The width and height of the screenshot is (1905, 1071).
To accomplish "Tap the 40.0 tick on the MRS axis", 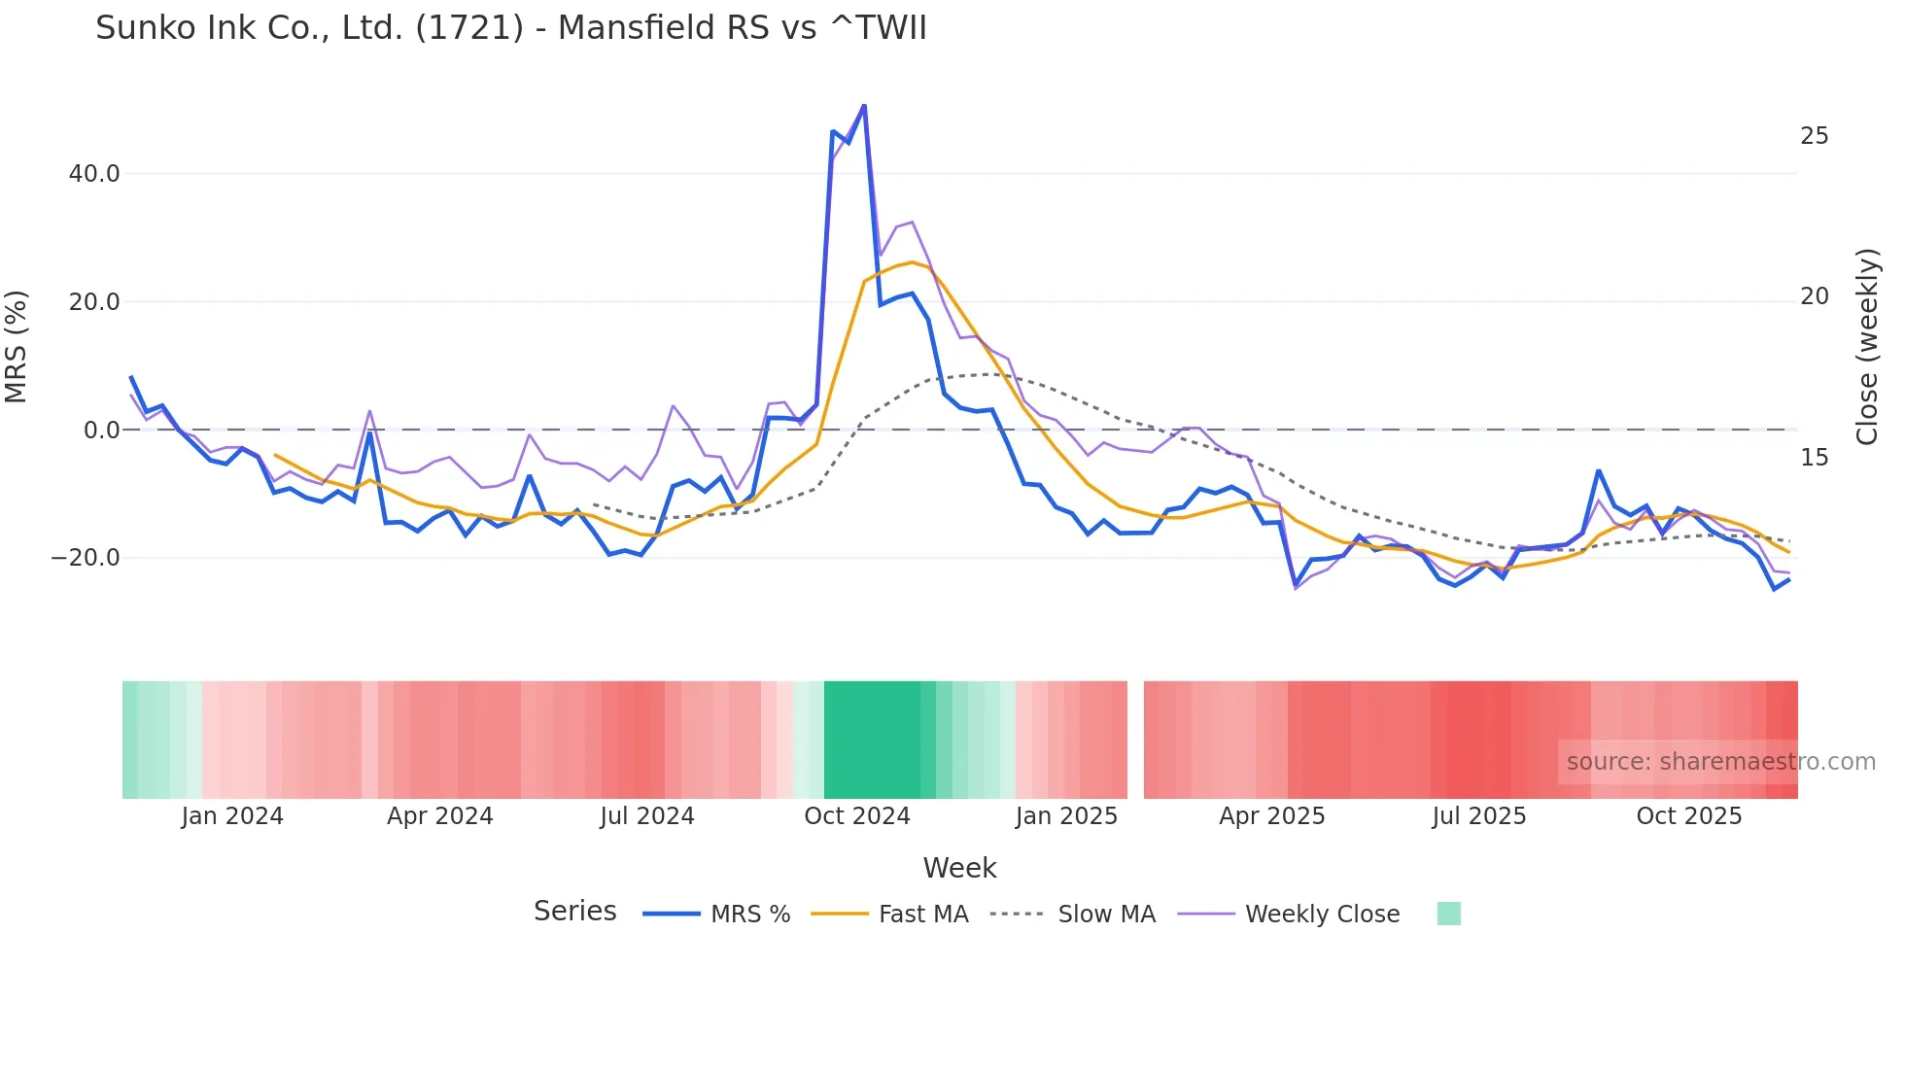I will click(94, 174).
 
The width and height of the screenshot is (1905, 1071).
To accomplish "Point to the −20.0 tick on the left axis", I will click(86, 558).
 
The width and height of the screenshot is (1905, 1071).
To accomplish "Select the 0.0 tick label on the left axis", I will click(101, 430).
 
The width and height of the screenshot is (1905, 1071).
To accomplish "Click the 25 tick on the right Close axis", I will click(1814, 136).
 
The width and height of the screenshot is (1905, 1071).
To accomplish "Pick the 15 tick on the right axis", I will click(1814, 458).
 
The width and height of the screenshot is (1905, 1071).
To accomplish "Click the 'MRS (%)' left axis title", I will click(17, 346).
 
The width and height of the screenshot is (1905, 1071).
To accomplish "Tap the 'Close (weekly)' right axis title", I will click(1866, 347).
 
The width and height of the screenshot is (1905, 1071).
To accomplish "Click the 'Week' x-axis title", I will click(959, 868).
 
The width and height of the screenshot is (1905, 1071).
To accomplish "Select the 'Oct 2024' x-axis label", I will click(856, 816).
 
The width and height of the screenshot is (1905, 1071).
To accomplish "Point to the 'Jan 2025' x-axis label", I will click(1066, 816).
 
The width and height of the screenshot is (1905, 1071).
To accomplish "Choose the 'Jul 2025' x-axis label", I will click(1478, 816).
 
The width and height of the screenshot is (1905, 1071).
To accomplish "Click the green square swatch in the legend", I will click(1448, 914).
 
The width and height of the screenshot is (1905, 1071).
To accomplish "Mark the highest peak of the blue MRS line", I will click(864, 106).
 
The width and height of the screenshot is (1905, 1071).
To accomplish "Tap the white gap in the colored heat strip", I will click(1135, 740).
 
